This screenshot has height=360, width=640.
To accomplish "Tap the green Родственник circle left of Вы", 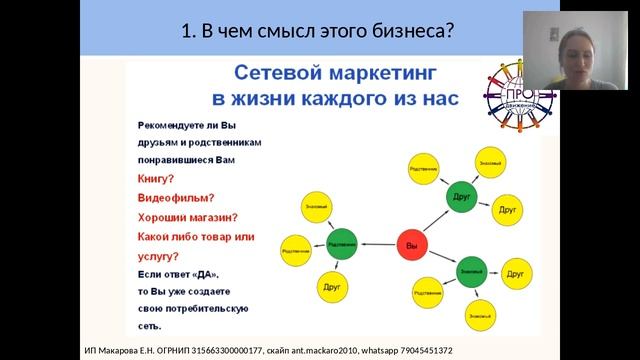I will coord(342,245).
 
